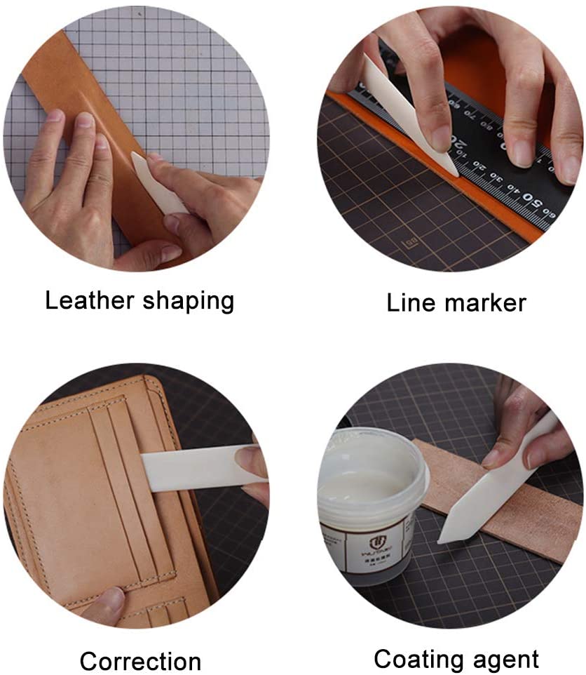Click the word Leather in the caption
coord(90,301)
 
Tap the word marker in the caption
coord(486,302)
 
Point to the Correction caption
coord(140,661)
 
